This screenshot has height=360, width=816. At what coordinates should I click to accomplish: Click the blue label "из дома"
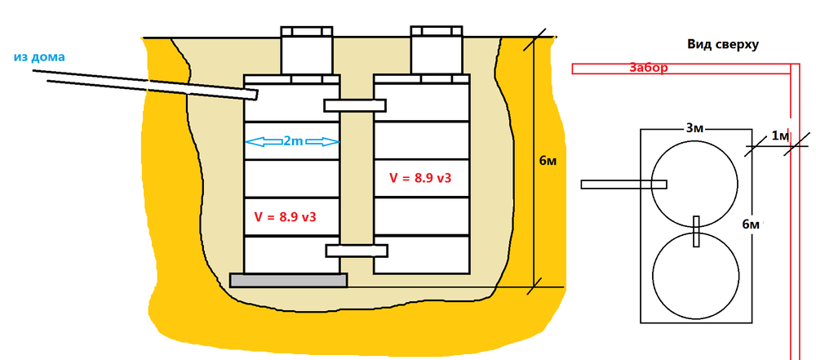tap(39, 57)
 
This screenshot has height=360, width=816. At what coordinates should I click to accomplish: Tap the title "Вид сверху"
tap(723, 45)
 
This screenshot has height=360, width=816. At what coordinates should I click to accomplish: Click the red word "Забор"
tap(649, 68)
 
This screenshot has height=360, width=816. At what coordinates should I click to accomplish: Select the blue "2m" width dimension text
tap(292, 141)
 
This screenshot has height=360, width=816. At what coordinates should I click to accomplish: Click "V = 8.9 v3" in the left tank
tap(285, 217)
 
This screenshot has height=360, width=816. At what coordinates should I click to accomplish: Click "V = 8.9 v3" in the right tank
tap(420, 178)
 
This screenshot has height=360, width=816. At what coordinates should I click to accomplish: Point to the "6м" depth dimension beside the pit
tap(548, 161)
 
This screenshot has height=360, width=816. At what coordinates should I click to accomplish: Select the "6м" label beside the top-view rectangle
tap(751, 224)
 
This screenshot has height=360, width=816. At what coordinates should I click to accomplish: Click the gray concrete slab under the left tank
tap(289, 280)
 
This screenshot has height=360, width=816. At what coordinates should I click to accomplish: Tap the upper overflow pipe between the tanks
tap(355, 105)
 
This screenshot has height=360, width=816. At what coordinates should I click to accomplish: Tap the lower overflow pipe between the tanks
tap(357, 251)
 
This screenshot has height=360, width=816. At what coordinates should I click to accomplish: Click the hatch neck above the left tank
tap(307, 51)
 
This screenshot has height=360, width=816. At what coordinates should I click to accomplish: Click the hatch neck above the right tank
tap(437, 51)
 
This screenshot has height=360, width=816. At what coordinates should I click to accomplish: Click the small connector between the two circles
tap(696, 231)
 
